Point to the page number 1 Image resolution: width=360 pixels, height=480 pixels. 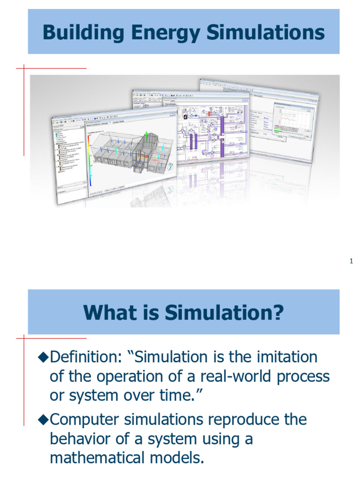(x=351, y=261)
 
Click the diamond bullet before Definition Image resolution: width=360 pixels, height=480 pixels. (x=43, y=358)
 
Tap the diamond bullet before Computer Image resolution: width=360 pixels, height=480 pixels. (x=43, y=420)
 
